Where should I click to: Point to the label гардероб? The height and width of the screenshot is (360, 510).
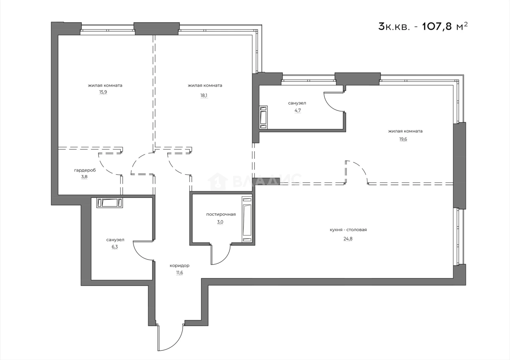pyautogui.click(x=85, y=170)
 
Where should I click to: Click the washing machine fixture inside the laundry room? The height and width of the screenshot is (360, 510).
pyautogui.click(x=247, y=219)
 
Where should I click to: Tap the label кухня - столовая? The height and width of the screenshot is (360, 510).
pyautogui.click(x=348, y=230)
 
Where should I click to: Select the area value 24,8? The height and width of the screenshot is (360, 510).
pyautogui.click(x=348, y=239)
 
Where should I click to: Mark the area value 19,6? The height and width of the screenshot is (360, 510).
pyautogui.click(x=405, y=139)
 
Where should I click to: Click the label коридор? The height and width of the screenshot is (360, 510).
pyautogui.click(x=179, y=266)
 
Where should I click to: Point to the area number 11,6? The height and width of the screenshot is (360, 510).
pyautogui.click(x=179, y=273)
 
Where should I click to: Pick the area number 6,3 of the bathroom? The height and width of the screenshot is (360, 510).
pyautogui.click(x=115, y=247)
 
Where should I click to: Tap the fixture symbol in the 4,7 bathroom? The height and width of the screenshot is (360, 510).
pyautogui.click(x=264, y=117)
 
